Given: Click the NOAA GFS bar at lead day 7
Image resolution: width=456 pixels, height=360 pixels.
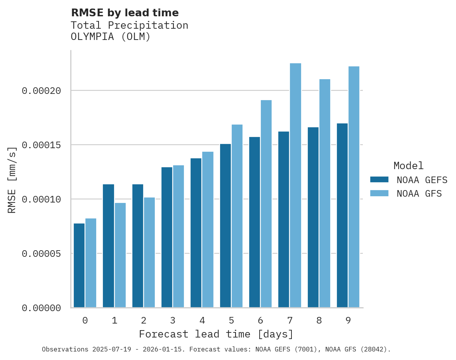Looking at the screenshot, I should pyautogui.click(x=295, y=185).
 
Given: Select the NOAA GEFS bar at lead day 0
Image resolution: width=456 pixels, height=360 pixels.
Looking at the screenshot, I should pyautogui.click(x=79, y=265).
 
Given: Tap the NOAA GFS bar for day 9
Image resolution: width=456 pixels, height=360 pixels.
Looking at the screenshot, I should pyautogui.click(x=354, y=187).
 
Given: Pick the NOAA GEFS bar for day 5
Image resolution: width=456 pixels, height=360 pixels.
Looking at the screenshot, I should pyautogui.click(x=225, y=226).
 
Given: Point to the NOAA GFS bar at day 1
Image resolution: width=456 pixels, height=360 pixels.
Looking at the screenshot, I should pyautogui.click(x=120, y=255).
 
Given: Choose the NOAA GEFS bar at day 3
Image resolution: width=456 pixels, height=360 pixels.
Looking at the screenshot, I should pyautogui.click(x=167, y=237).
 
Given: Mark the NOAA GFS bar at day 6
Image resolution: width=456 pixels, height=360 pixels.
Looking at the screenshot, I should pyautogui.click(x=266, y=204).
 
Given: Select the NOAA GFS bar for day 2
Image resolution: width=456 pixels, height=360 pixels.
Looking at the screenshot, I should pyautogui.click(x=149, y=253).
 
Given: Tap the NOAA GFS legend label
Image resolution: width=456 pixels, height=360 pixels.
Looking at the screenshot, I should pyautogui.click(x=419, y=194).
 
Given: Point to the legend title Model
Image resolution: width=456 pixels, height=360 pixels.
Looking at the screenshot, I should pyautogui.click(x=408, y=166).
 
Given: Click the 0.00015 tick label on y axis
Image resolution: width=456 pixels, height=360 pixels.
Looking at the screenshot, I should pyautogui.click(x=42, y=145).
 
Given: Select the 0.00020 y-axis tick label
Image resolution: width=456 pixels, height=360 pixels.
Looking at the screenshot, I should pyautogui.click(x=42, y=91).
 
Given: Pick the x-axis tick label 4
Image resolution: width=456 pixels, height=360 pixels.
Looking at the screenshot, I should pyautogui.click(x=202, y=321).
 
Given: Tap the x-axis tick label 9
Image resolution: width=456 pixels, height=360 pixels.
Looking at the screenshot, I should pyautogui.click(x=348, y=321).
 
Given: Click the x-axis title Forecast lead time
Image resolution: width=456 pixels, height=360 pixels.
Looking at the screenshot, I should pyautogui.click(x=216, y=334).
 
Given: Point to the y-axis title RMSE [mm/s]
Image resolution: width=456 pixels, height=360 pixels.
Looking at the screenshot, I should pyautogui.click(x=12, y=179).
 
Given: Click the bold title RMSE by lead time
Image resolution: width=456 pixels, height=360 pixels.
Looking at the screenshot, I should pyautogui.click(x=125, y=13).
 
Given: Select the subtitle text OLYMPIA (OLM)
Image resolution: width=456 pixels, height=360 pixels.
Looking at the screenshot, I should pyautogui.click(x=110, y=37).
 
